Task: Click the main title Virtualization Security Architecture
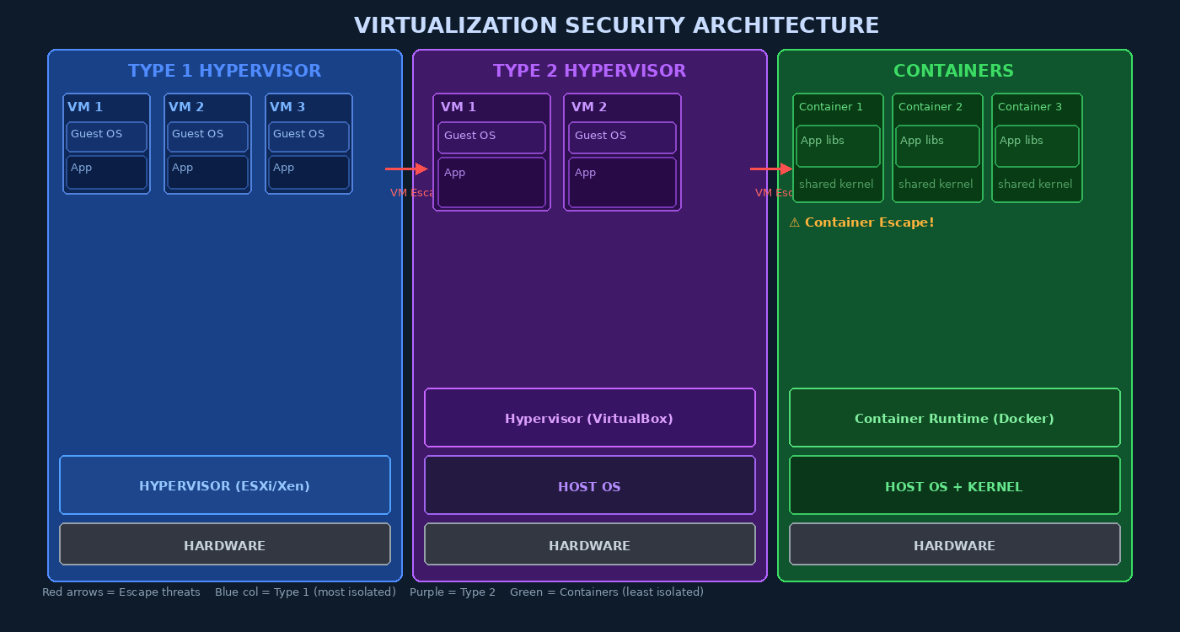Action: [616, 26]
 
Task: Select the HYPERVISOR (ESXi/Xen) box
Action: [224, 485]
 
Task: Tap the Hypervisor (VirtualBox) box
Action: [589, 418]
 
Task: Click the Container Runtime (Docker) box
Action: [954, 418]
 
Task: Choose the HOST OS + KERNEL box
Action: [954, 486]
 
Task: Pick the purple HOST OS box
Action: [589, 486]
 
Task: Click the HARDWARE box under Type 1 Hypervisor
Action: [224, 545]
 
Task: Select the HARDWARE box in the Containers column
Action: [954, 545]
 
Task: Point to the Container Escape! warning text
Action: [861, 222]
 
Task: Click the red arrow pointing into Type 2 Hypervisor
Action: [407, 169]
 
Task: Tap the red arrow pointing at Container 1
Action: [771, 169]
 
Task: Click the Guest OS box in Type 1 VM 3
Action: [308, 137]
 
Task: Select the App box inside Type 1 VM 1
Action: [106, 172]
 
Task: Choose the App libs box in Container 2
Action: [937, 147]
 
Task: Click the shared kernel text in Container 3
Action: [1035, 184]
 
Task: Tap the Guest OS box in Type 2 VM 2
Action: [622, 137]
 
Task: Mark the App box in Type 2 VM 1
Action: [491, 182]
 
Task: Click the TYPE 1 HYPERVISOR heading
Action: [224, 71]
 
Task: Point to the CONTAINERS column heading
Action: [953, 71]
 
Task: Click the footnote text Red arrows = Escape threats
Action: [121, 592]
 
